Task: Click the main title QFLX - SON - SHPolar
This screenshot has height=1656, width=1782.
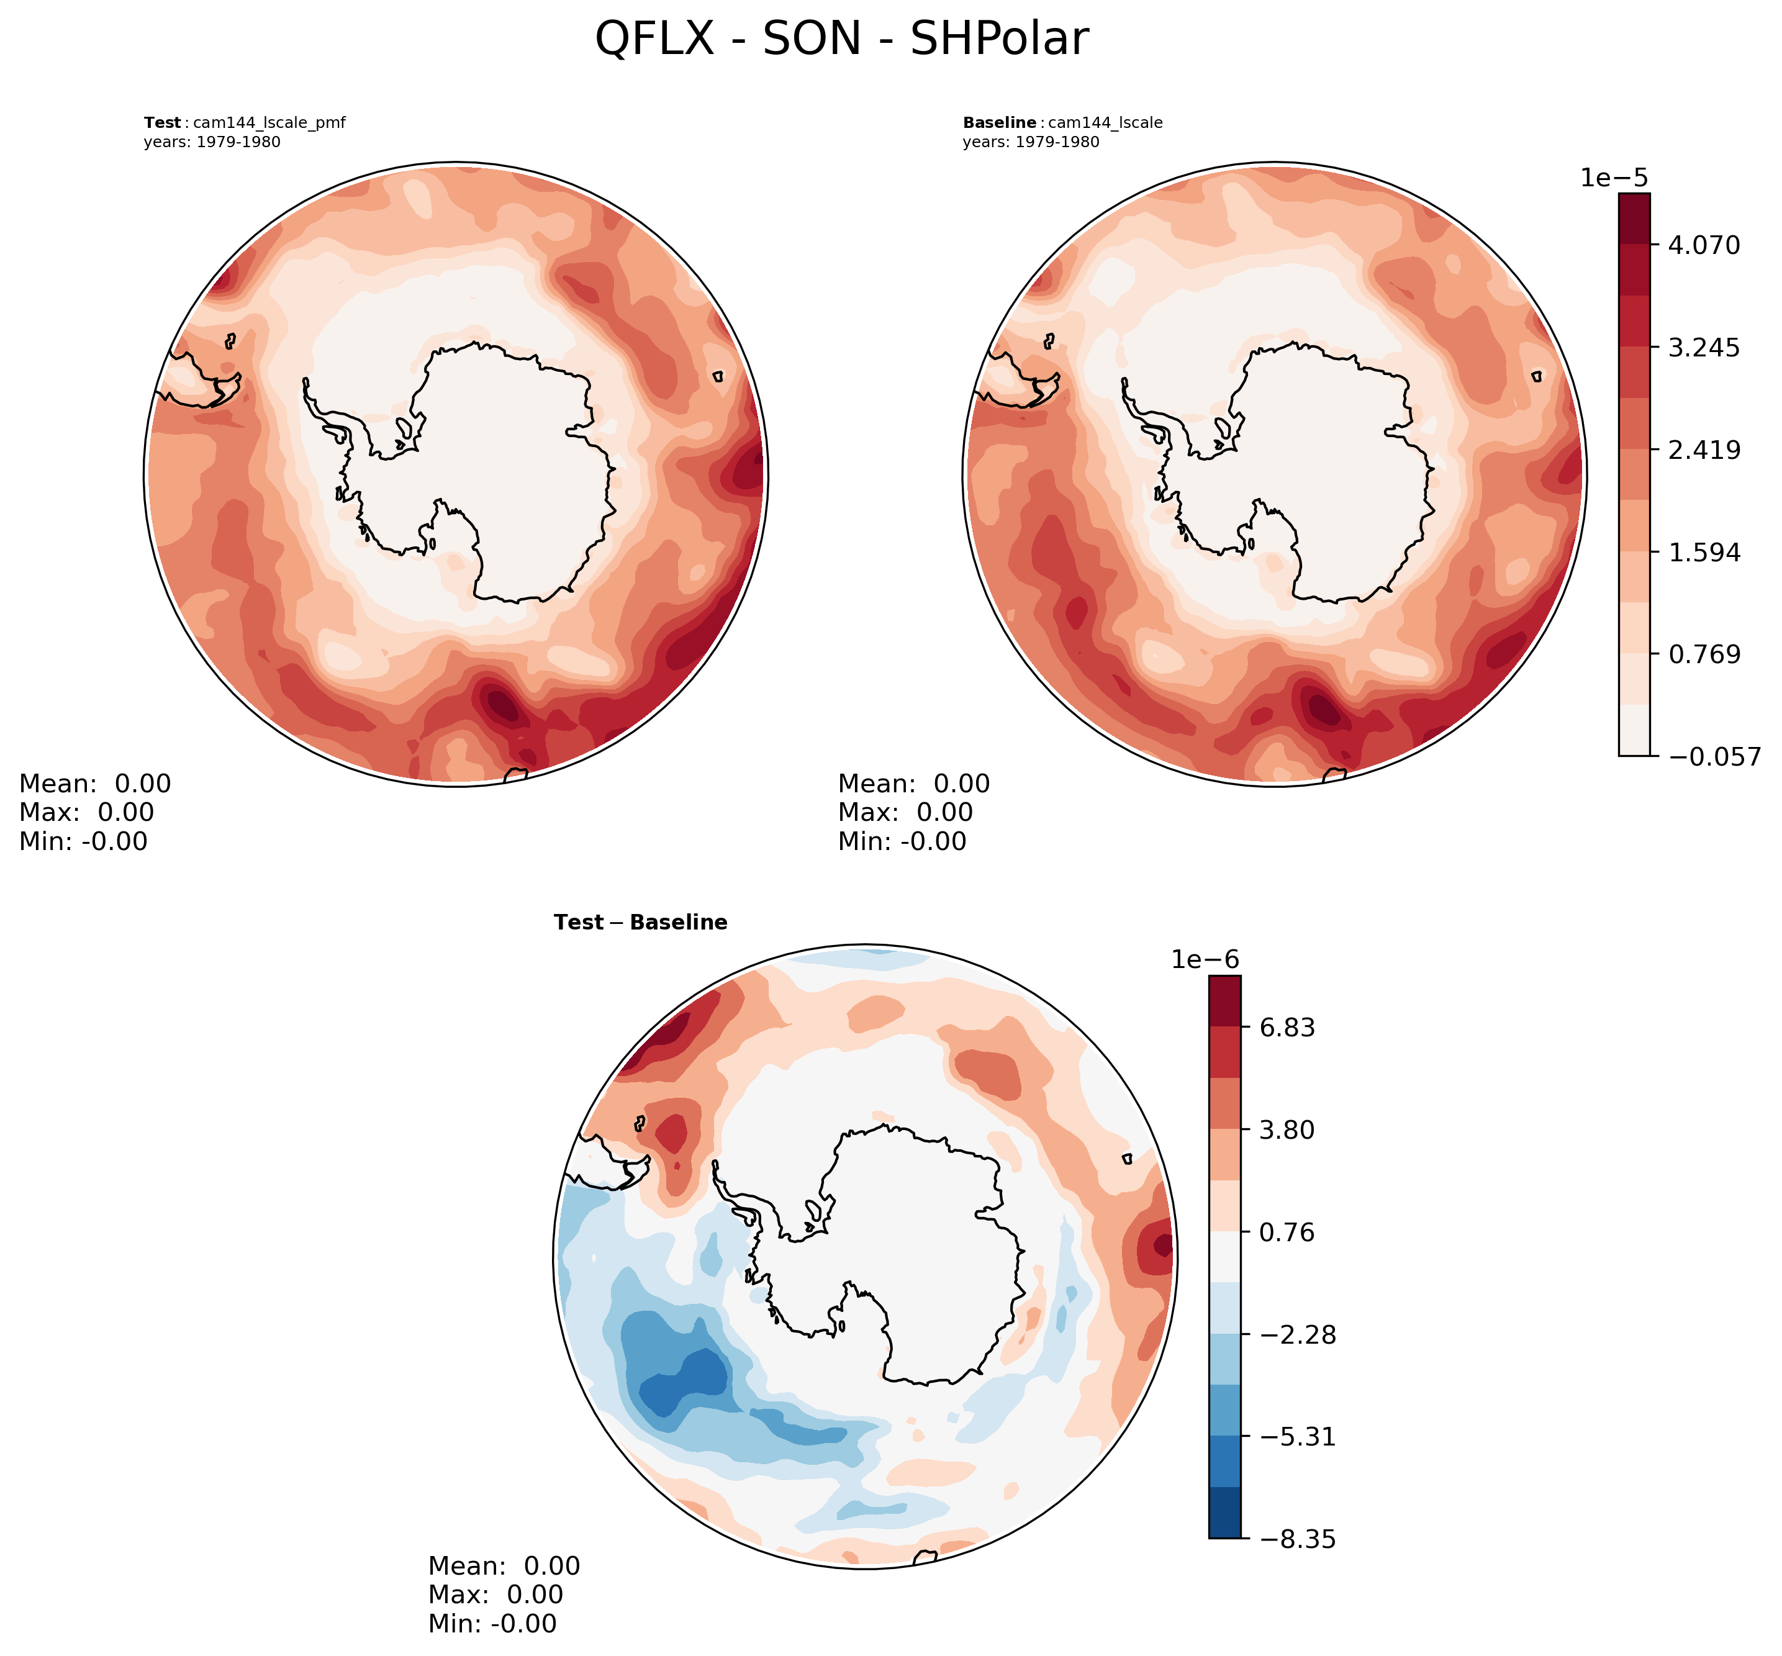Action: tap(841, 40)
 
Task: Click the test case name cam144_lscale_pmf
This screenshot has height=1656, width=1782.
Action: tap(269, 123)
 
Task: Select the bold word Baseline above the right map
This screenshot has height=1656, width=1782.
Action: tap(999, 123)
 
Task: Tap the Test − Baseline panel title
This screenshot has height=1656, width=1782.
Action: tap(641, 922)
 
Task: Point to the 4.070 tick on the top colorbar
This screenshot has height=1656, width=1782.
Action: tap(1703, 245)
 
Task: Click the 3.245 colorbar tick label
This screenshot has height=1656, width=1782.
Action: tap(1703, 347)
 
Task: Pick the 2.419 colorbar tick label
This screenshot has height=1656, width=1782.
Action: tap(1703, 449)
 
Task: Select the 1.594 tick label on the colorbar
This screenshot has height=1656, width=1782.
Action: tap(1703, 552)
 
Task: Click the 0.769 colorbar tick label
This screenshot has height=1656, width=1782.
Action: tap(1703, 654)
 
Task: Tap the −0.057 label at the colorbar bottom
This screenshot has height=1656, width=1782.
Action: tap(1713, 757)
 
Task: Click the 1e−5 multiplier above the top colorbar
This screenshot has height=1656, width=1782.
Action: tap(1614, 178)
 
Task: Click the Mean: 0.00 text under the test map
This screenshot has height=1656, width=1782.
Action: tap(95, 784)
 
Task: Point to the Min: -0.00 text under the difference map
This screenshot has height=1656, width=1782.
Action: tap(492, 1624)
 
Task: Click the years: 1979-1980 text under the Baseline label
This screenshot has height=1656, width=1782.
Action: tap(1030, 142)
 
